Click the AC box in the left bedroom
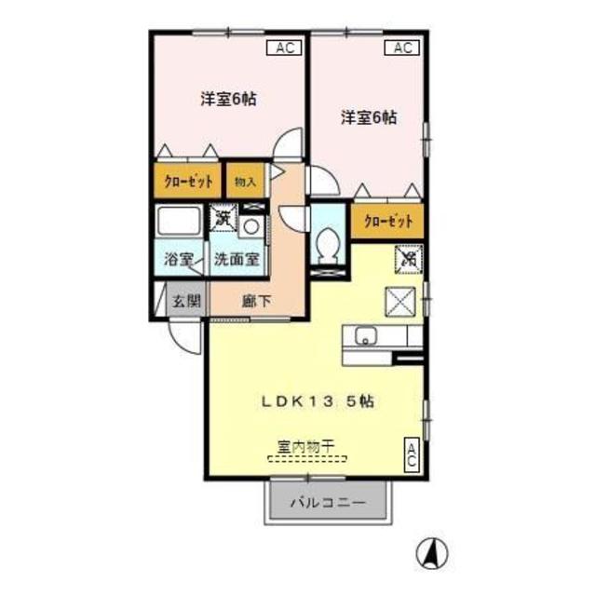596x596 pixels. pyautogui.click(x=282, y=48)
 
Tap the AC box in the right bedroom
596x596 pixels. pyautogui.click(x=402, y=48)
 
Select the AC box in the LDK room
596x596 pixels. pyautogui.click(x=411, y=456)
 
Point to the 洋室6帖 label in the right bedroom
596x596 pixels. pyautogui.click(x=369, y=118)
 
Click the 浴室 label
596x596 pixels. pyautogui.click(x=179, y=260)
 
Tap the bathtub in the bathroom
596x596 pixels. pyautogui.click(x=179, y=223)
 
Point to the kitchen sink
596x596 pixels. pyautogui.click(x=364, y=336)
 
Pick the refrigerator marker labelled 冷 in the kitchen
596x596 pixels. pyautogui.click(x=409, y=258)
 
